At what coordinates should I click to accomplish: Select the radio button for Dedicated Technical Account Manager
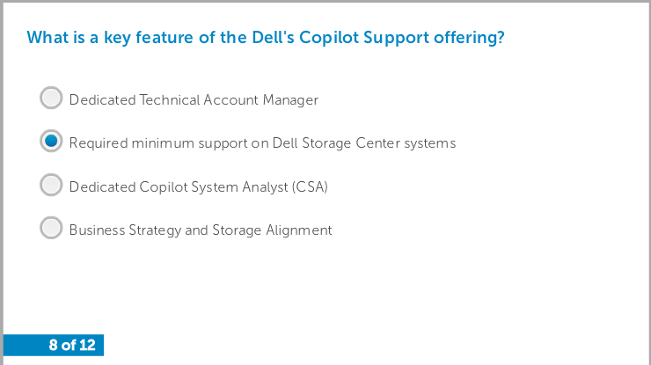coord(51,98)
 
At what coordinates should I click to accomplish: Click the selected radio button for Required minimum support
coord(51,141)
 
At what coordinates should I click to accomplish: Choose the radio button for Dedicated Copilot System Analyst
coord(51,185)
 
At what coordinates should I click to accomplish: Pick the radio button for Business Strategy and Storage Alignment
coord(51,228)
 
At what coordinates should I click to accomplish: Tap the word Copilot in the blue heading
coord(329,38)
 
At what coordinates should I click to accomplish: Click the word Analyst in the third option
coord(265,187)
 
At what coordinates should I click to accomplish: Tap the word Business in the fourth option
coord(97,230)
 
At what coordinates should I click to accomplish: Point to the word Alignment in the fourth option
coord(299,230)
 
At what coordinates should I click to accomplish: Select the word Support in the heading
coord(396,38)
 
